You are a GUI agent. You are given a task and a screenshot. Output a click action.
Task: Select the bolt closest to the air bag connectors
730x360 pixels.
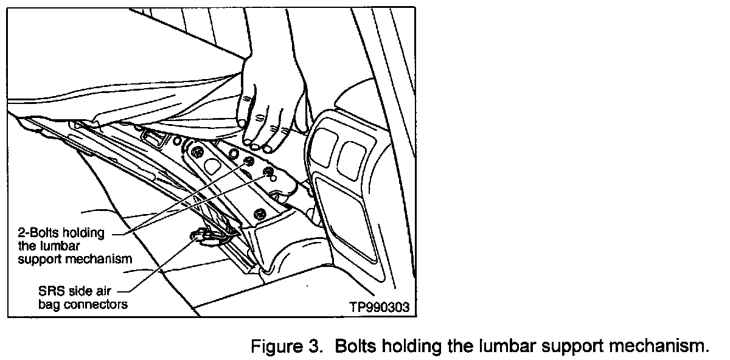260,213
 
